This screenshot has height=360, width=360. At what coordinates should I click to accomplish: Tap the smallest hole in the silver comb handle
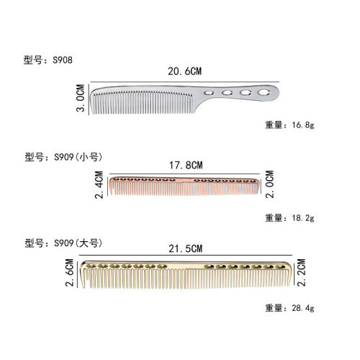pos(208,94)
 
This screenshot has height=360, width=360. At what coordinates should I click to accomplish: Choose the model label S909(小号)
pos(71,156)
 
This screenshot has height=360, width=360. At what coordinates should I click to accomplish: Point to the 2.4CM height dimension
pos(99,186)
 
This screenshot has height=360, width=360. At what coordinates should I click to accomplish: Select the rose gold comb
pos(184,186)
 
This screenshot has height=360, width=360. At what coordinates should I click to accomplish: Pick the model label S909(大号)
pos(71,243)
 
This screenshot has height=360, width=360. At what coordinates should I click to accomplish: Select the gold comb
pos(186,275)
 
